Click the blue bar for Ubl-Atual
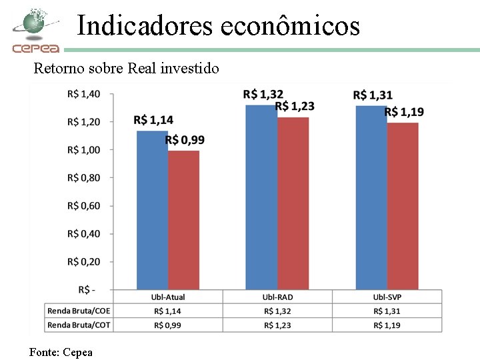coord(152,210)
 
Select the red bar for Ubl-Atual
coord(184,220)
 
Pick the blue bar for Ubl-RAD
coord(261,197)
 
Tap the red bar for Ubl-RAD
coord(293,203)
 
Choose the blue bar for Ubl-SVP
coord(371,197)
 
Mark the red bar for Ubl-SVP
coord(403,206)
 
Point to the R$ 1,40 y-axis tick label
coord(83,94)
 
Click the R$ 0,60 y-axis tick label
coord(83,206)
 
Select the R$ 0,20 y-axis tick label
coord(83,262)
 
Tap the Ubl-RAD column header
coord(277,297)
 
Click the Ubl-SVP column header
coord(387,297)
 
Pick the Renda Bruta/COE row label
coord(79,311)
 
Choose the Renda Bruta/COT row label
coord(79,325)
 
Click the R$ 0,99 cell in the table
coord(167,325)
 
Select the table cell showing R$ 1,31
coord(387,311)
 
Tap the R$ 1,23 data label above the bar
coord(295,106)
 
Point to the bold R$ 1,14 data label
coord(153,120)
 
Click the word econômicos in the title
coord(290,26)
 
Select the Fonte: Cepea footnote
coord(61,353)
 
